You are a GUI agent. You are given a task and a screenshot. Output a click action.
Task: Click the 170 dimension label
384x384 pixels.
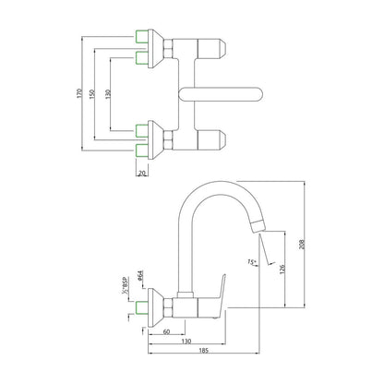pos(79,93)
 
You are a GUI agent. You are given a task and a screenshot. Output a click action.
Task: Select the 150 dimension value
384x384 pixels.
pos(91,93)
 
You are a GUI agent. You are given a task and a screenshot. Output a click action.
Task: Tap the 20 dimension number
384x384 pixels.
pos(142,174)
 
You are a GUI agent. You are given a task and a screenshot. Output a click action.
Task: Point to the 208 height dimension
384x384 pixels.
pos(302,245)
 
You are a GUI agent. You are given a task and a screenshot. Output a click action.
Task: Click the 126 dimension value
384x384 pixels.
pos(283,269)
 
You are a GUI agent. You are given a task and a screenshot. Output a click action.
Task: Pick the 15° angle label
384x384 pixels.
pos(251,262)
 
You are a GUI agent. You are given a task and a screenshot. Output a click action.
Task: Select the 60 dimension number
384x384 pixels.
pos(166,331)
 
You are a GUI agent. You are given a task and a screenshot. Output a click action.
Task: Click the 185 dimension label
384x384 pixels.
pos(204,350)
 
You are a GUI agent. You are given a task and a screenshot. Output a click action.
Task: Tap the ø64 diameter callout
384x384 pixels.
pos(140,276)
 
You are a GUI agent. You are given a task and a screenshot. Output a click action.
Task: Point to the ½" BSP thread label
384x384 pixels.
pos(125,285)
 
